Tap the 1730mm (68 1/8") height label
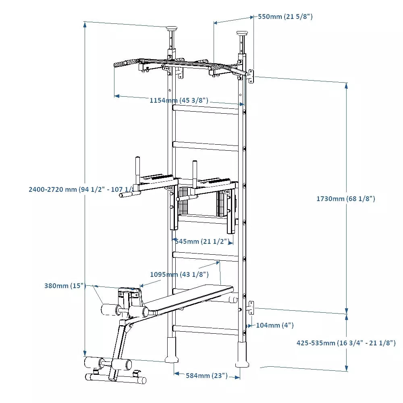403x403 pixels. (345, 199)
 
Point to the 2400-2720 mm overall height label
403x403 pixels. (81, 189)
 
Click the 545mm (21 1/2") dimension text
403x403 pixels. (204, 241)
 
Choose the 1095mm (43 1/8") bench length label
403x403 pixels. (179, 274)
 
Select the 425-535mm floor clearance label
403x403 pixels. (346, 343)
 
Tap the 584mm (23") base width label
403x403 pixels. (206, 376)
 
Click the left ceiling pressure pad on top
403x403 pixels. (172, 29)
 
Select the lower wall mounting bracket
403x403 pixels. (251, 307)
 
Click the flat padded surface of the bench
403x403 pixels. (193, 298)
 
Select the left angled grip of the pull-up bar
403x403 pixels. (125, 64)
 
